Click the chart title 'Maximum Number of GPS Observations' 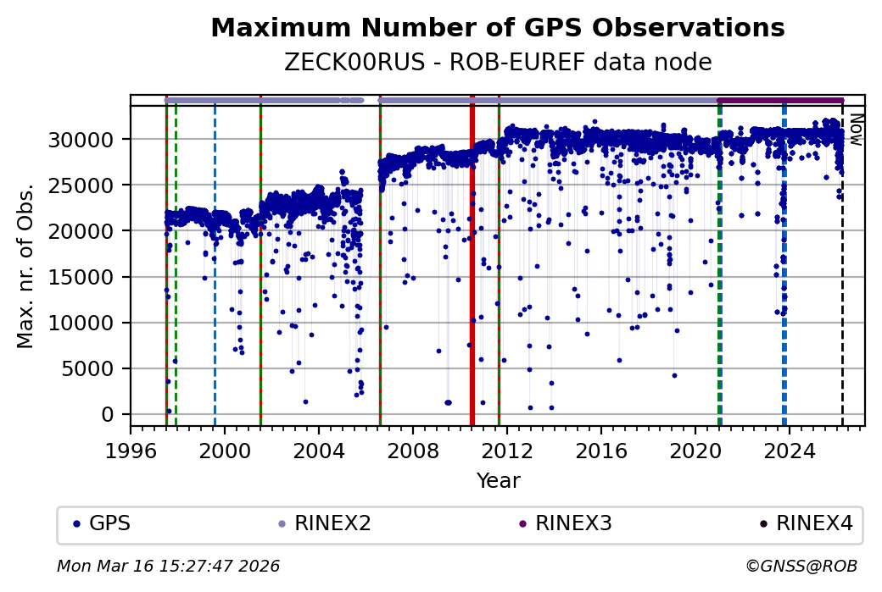click(498, 29)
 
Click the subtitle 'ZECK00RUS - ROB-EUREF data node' click(498, 63)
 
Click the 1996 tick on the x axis click(131, 451)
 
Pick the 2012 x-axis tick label click(506, 451)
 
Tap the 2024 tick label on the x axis click(789, 451)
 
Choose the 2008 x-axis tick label click(412, 451)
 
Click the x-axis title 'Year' click(498, 481)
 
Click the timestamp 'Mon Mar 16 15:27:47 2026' click(168, 566)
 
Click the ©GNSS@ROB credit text click(801, 566)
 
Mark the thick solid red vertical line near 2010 click(472, 263)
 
